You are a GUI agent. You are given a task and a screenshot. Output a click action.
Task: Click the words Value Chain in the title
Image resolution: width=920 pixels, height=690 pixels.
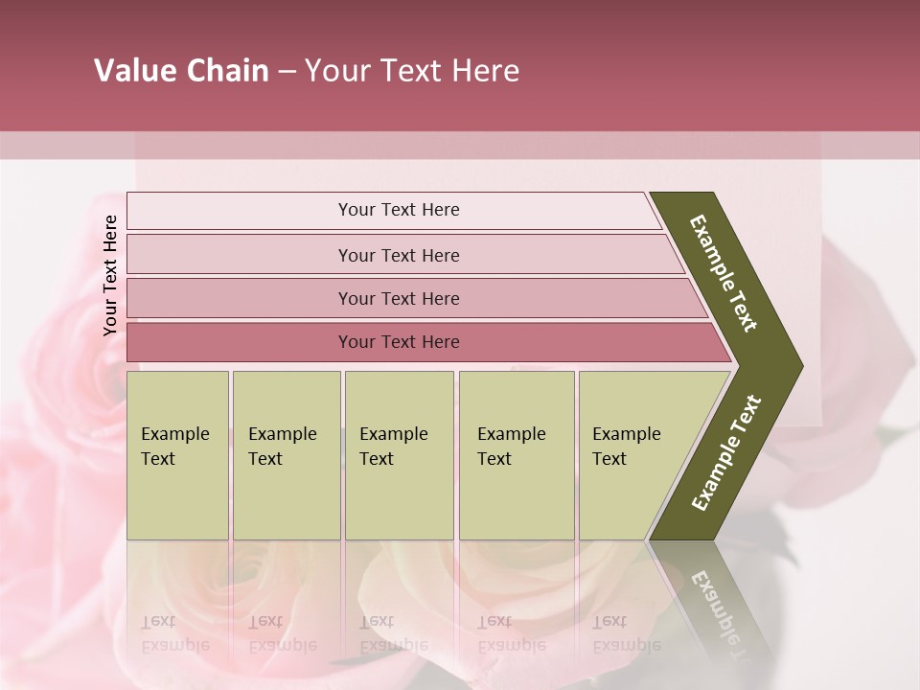click(x=181, y=71)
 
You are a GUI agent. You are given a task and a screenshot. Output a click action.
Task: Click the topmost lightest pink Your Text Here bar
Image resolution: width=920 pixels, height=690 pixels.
click(x=399, y=210)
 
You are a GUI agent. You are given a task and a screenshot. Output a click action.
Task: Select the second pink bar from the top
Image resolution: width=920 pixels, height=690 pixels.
click(x=399, y=255)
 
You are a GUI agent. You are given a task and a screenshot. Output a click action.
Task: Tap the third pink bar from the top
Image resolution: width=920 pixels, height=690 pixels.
click(x=399, y=298)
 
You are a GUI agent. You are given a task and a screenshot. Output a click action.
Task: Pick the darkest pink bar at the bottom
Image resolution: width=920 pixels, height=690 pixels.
click(x=399, y=342)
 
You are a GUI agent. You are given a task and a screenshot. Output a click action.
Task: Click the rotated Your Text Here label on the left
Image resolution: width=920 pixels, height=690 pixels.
click(x=110, y=275)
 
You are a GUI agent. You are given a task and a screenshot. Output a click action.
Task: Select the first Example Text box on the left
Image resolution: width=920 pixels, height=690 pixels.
click(x=177, y=455)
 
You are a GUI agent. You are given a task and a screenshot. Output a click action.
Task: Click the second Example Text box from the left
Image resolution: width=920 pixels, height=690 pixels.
click(x=286, y=455)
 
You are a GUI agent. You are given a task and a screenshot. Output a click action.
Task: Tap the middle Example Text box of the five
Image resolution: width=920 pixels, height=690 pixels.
click(x=399, y=455)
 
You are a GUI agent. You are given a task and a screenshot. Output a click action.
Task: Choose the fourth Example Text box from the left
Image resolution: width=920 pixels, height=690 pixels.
click(x=517, y=455)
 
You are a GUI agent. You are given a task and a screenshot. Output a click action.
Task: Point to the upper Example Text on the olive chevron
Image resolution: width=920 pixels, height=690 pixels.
click(x=724, y=273)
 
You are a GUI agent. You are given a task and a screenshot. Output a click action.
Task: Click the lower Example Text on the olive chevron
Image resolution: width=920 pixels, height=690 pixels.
click(x=726, y=452)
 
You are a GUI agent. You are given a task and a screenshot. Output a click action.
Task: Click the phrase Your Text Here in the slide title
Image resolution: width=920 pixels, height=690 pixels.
click(x=412, y=71)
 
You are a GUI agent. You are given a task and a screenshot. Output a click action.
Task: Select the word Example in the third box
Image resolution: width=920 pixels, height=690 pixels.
click(x=393, y=434)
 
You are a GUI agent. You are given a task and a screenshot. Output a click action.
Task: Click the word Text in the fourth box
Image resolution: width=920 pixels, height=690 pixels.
click(x=494, y=459)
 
